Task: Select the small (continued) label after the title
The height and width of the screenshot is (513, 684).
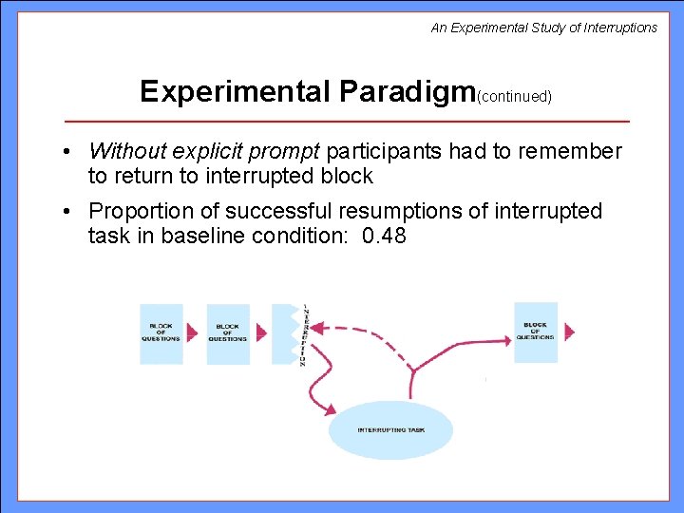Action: (x=515, y=96)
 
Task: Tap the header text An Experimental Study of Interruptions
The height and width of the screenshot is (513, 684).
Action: (x=543, y=28)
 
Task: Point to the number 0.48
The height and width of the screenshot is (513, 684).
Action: (x=385, y=236)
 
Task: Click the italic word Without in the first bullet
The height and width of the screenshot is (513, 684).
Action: (x=125, y=151)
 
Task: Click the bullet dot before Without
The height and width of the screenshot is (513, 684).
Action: (x=70, y=152)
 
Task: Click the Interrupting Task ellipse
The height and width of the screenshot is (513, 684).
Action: (x=391, y=430)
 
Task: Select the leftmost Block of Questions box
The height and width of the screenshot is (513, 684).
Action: (x=161, y=333)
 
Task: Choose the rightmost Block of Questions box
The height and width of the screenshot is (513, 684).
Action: (x=536, y=332)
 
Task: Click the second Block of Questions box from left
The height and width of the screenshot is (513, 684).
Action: (x=228, y=333)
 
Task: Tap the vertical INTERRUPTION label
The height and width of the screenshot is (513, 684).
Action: (x=304, y=335)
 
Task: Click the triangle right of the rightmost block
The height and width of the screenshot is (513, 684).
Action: (x=569, y=332)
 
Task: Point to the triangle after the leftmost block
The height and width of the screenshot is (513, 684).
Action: (x=194, y=333)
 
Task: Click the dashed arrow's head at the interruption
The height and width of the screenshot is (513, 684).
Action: (x=317, y=328)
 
